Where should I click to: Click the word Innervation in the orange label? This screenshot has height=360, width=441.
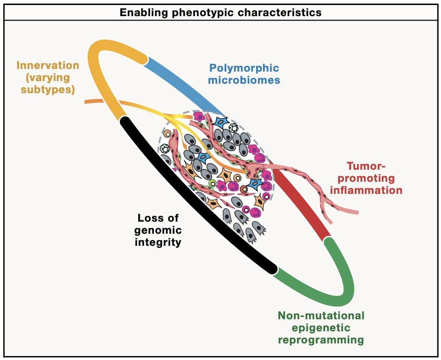48,65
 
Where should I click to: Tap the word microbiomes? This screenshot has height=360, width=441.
244,81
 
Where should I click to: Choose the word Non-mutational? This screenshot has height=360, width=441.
321,316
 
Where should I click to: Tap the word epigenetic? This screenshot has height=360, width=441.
321,328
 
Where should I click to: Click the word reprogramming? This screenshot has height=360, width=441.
321,340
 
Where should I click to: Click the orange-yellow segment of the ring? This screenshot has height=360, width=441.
101,76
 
